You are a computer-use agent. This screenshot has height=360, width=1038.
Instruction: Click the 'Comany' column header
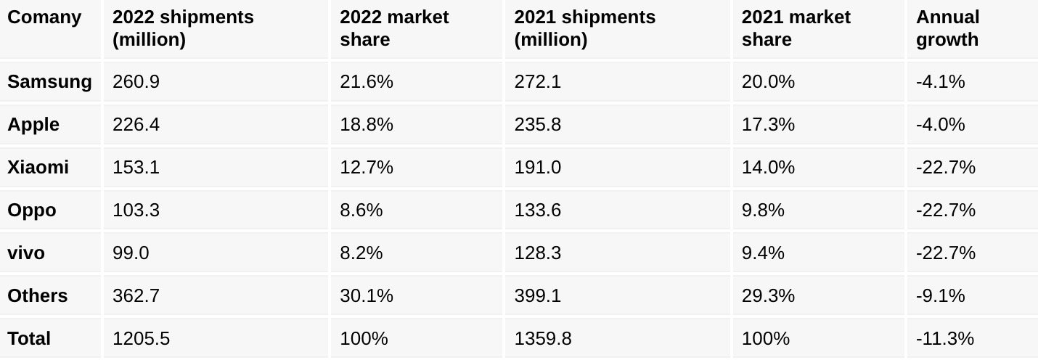[44, 17]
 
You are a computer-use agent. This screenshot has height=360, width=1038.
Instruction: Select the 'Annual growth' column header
[947, 28]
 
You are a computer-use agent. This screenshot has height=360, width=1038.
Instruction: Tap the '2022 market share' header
[394, 28]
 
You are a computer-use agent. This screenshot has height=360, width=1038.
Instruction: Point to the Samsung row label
[49, 82]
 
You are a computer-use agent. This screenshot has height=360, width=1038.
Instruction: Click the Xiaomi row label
[38, 168]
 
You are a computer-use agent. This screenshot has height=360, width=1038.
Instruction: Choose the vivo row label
[26, 253]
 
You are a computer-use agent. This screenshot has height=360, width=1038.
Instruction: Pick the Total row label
[29, 339]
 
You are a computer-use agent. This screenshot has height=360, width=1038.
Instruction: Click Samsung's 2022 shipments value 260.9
[136, 82]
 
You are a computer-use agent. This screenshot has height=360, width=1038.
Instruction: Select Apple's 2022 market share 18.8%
[366, 125]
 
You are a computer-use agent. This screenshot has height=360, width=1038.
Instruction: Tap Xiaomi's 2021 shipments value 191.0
[537, 168]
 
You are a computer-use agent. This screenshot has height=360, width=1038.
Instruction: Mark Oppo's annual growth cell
[945, 210]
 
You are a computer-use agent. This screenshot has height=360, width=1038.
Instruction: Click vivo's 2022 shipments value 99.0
[131, 253]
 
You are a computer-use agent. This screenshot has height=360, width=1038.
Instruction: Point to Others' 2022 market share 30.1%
[366, 296]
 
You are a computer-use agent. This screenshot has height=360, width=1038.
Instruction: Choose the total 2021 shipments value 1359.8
[542, 339]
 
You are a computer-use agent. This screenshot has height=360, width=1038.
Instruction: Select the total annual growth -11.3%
[945, 339]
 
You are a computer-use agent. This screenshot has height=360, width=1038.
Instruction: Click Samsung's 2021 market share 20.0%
[768, 82]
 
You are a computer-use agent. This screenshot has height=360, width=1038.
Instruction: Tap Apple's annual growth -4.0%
[940, 125]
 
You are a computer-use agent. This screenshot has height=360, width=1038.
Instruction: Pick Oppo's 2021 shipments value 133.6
[537, 210]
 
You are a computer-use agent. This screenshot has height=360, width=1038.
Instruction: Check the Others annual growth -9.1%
[940, 296]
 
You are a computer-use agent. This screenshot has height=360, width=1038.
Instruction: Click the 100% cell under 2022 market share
[364, 339]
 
